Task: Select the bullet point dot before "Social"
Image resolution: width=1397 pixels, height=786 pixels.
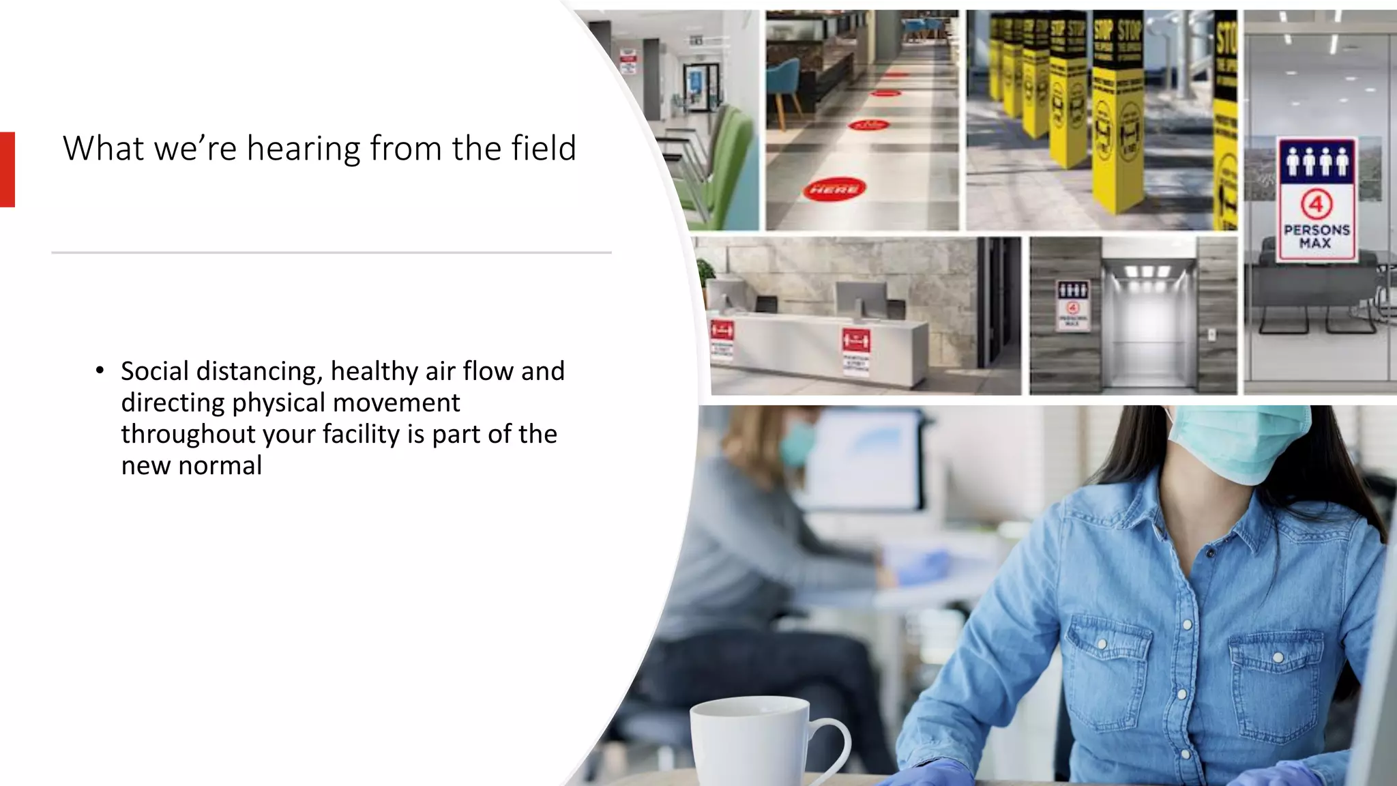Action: (100, 371)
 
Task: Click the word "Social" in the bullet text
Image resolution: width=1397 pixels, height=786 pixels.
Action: (154, 371)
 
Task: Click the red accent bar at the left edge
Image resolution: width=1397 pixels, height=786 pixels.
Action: (7, 169)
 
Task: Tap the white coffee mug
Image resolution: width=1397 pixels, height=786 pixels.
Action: (757, 744)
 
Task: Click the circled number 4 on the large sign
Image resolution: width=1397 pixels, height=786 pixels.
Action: (1316, 204)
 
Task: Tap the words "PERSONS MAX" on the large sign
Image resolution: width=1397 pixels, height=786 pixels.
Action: (1316, 235)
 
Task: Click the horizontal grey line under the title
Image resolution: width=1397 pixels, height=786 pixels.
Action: (332, 252)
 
